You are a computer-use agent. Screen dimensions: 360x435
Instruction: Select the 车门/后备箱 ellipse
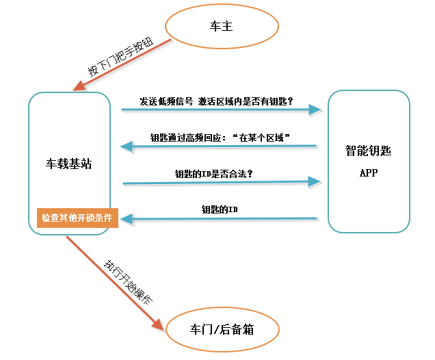pyautogui.click(x=222, y=329)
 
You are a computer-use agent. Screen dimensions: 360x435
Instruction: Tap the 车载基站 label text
pyautogui.click(x=69, y=164)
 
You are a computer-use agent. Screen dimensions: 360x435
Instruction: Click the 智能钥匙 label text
pyautogui.click(x=369, y=150)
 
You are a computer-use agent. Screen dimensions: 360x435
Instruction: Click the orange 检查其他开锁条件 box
pyautogui.click(x=77, y=218)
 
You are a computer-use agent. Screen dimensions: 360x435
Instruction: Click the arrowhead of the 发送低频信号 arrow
pyautogui.click(x=315, y=110)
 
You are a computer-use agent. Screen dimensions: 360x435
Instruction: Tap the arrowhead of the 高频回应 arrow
pyautogui.click(x=127, y=146)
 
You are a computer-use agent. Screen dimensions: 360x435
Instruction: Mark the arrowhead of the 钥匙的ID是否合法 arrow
pyautogui.click(x=315, y=181)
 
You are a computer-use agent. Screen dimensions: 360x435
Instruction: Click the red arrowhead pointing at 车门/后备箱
pyautogui.click(x=159, y=323)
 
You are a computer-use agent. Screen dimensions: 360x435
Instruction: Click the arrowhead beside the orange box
pyautogui.click(x=127, y=219)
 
